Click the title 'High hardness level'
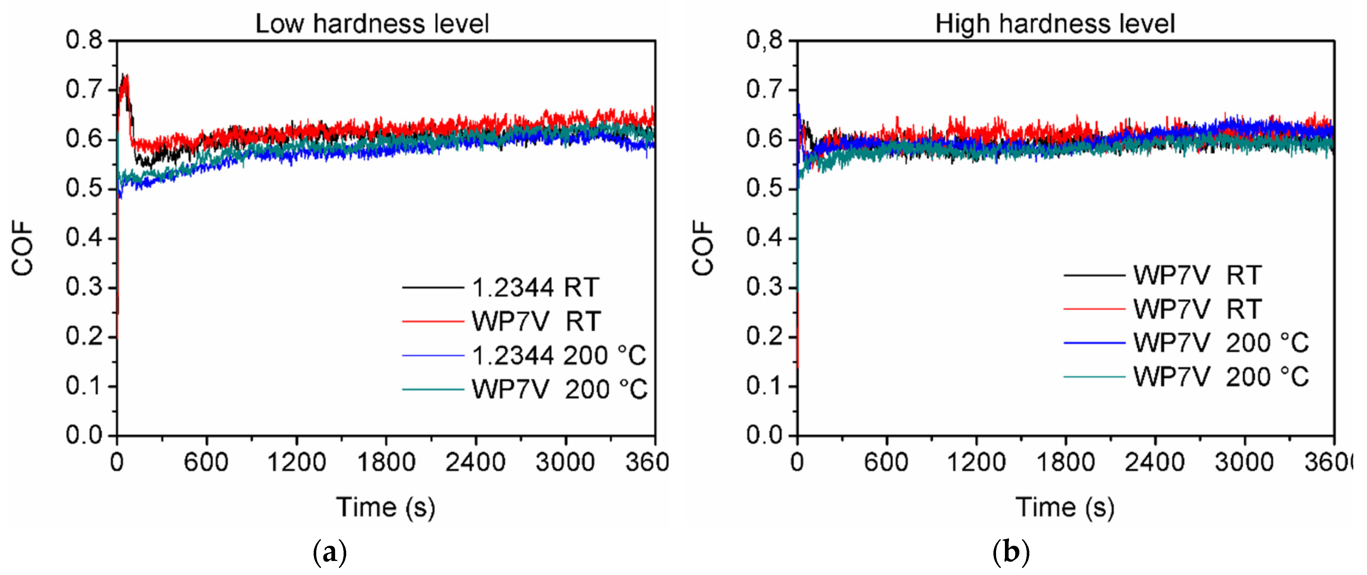[1054, 24]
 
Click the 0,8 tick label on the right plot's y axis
[764, 40]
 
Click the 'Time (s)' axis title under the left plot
[386, 507]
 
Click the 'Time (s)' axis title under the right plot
[1065, 507]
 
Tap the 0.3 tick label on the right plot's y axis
[764, 287]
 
